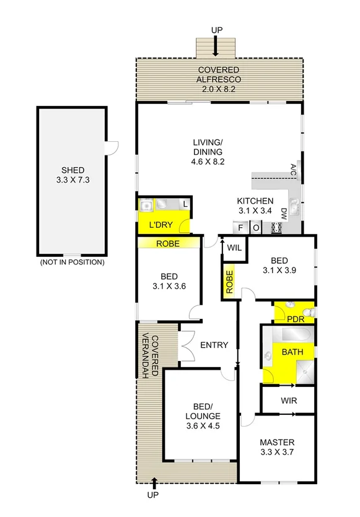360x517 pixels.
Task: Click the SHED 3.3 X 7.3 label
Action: pyautogui.click(x=72, y=175)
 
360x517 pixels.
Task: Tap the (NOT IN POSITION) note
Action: pyautogui.click(x=72, y=263)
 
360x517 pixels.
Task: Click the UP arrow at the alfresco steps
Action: pyautogui.click(x=215, y=45)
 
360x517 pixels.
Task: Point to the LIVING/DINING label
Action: pyautogui.click(x=208, y=152)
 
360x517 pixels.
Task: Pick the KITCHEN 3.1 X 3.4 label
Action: pyautogui.click(x=255, y=206)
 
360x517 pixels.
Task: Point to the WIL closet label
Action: pyautogui.click(x=234, y=248)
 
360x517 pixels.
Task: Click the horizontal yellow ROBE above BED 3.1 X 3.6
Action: pyautogui.click(x=167, y=244)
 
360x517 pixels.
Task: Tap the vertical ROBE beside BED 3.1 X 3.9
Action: pyautogui.click(x=229, y=282)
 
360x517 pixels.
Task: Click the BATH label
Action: pyautogui.click(x=292, y=352)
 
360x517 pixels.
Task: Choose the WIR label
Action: pyautogui.click(x=289, y=401)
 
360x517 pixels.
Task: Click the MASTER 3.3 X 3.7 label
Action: pyautogui.click(x=277, y=447)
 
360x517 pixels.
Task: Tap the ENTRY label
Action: pyautogui.click(x=214, y=345)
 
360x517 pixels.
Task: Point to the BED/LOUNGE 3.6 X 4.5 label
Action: pyautogui.click(x=203, y=420)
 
